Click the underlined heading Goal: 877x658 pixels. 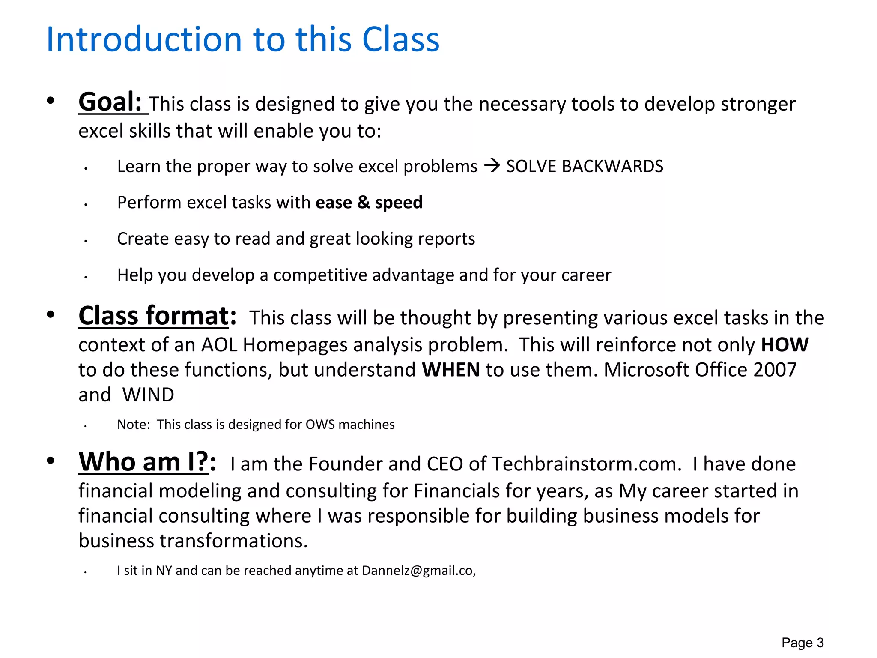click(x=110, y=102)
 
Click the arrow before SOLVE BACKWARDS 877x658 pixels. click(x=492, y=166)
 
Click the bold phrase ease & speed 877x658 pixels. click(x=369, y=202)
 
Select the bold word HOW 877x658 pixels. click(x=785, y=345)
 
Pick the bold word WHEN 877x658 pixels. click(x=450, y=370)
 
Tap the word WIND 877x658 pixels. click(x=148, y=395)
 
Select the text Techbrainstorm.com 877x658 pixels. click(x=586, y=464)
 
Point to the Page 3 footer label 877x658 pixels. click(x=802, y=643)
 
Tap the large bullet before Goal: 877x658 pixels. click(x=51, y=101)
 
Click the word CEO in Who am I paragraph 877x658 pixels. click(x=444, y=464)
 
